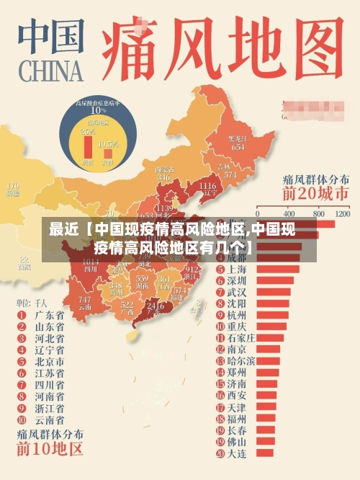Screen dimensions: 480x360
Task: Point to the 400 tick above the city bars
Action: click(x=289, y=214)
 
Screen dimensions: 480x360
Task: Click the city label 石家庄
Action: click(x=241, y=337)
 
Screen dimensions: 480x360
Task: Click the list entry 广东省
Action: click(x=49, y=315)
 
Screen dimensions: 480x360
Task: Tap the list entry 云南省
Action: click(x=49, y=419)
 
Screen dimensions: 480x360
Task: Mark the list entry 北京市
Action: click(x=49, y=361)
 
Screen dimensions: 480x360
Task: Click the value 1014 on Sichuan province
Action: click(x=91, y=262)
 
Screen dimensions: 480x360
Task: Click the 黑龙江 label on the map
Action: click(x=238, y=138)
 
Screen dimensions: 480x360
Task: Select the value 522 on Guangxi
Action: click(x=127, y=306)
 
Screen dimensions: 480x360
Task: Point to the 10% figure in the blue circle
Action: click(x=98, y=110)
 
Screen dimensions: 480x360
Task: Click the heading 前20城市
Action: click(x=315, y=194)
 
